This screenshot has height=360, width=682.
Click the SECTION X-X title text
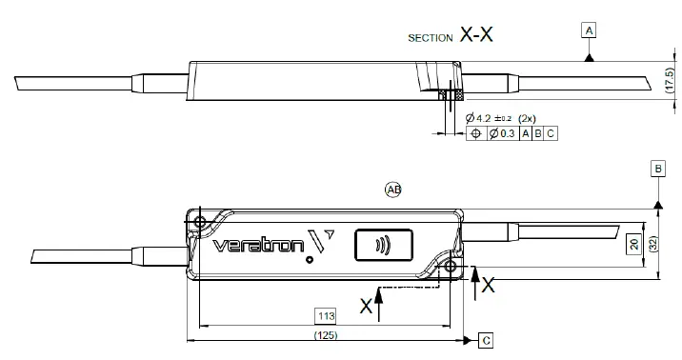click(x=451, y=37)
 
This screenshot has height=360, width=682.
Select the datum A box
click(x=591, y=31)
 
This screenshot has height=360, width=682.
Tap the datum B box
click(x=657, y=169)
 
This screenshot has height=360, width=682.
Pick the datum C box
click(x=486, y=339)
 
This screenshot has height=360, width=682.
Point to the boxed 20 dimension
click(x=632, y=244)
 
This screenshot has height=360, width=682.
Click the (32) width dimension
click(x=654, y=244)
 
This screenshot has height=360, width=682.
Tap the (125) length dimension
click(x=326, y=335)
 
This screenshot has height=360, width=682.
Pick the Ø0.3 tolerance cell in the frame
click(x=501, y=134)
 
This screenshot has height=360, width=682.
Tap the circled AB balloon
click(x=393, y=189)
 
